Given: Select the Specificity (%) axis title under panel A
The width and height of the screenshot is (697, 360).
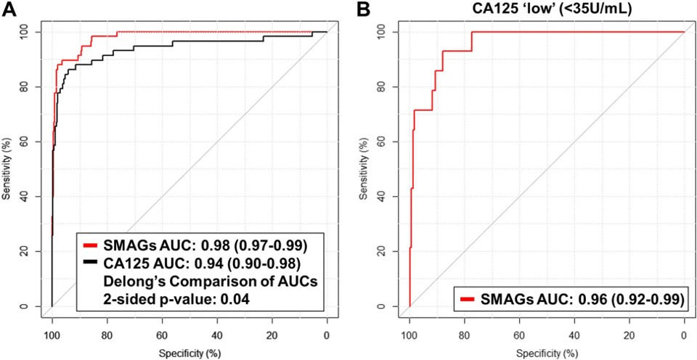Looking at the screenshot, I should point(189,353).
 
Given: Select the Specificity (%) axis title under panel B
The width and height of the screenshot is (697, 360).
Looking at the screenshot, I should point(547,353).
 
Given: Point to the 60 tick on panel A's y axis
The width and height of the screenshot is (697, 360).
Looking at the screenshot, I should point(26,142).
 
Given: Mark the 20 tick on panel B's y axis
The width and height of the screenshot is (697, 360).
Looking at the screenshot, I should point(384,251).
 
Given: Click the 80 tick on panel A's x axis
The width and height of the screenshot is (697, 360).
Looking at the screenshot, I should point(107,335).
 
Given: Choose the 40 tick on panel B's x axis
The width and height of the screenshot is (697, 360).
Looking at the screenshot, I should point(574,335).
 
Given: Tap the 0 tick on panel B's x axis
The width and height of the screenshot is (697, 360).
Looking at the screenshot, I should point(684,335).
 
